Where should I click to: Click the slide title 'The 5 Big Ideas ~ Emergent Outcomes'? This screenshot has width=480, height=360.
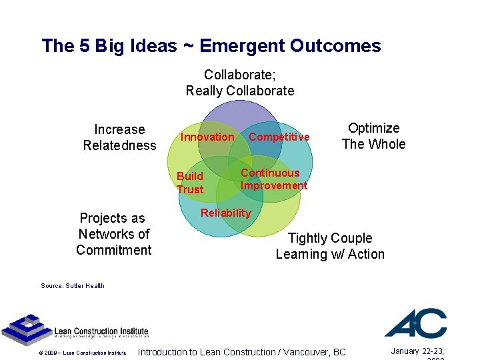click(x=211, y=46)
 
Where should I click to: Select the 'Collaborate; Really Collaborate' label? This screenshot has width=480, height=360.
click(x=239, y=83)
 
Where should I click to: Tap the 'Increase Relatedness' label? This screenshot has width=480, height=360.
click(x=119, y=137)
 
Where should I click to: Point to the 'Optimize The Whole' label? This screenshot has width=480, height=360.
click(x=373, y=136)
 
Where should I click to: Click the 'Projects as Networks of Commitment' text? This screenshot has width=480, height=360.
click(x=113, y=234)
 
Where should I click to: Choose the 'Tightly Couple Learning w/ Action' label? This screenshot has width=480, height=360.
click(x=330, y=246)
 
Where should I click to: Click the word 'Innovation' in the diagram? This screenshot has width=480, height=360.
click(x=207, y=137)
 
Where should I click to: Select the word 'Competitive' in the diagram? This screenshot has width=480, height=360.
click(x=279, y=137)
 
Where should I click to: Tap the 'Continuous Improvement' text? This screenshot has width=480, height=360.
click(x=273, y=179)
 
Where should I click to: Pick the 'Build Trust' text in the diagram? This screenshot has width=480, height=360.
click(x=190, y=183)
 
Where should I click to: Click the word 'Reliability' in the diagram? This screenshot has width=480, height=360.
click(x=226, y=213)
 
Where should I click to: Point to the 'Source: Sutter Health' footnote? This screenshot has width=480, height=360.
click(x=72, y=286)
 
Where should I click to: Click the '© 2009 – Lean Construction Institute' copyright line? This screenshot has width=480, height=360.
click(x=82, y=353)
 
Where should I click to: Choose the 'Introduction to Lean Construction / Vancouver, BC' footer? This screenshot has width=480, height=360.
click(x=241, y=352)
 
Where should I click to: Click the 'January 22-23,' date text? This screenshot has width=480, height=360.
click(x=419, y=351)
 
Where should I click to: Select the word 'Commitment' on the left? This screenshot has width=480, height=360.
click(x=113, y=250)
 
